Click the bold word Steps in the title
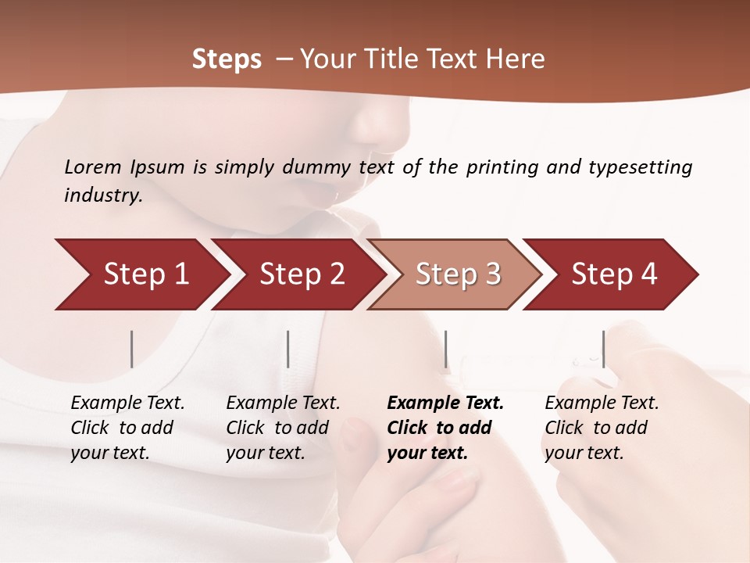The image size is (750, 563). pos(227,59)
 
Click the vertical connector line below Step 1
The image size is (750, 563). pos(132,349)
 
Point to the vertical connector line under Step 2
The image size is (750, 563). pos(288,349)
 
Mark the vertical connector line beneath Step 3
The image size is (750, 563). pos(445,349)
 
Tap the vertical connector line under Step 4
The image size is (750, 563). pos(603,349)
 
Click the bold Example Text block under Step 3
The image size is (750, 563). pos(445,428)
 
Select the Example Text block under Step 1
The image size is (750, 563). pos(127,428)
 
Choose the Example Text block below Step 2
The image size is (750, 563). pos(283,428)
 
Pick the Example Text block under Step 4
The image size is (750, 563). pos(602,428)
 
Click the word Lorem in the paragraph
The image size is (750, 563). pos(93,167)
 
